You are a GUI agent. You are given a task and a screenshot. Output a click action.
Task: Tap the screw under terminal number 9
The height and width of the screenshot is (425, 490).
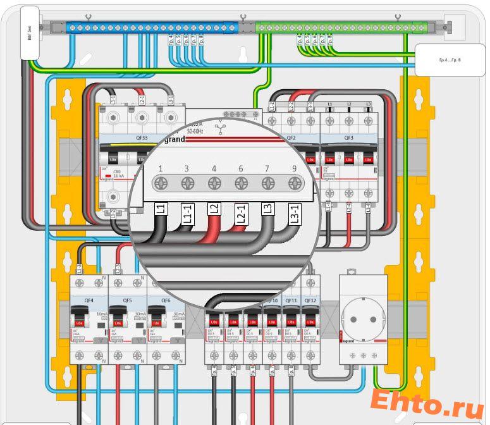tap(293, 184)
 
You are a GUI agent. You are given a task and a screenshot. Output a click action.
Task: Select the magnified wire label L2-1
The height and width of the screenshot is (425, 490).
tap(240, 214)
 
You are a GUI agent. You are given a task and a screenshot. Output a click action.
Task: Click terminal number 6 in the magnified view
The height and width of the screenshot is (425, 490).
tap(241, 169)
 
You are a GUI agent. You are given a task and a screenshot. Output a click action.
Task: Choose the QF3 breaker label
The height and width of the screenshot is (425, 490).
tap(348, 137)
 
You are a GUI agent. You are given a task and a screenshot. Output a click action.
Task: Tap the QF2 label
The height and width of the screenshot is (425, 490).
tap(291, 137)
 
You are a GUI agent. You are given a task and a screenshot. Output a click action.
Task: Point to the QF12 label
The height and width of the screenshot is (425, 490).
tap(310, 300)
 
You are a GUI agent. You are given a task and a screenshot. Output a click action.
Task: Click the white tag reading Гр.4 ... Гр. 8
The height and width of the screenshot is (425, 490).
tap(450, 60)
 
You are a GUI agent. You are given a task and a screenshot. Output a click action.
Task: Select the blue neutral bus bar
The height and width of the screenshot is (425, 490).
tap(152, 28)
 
